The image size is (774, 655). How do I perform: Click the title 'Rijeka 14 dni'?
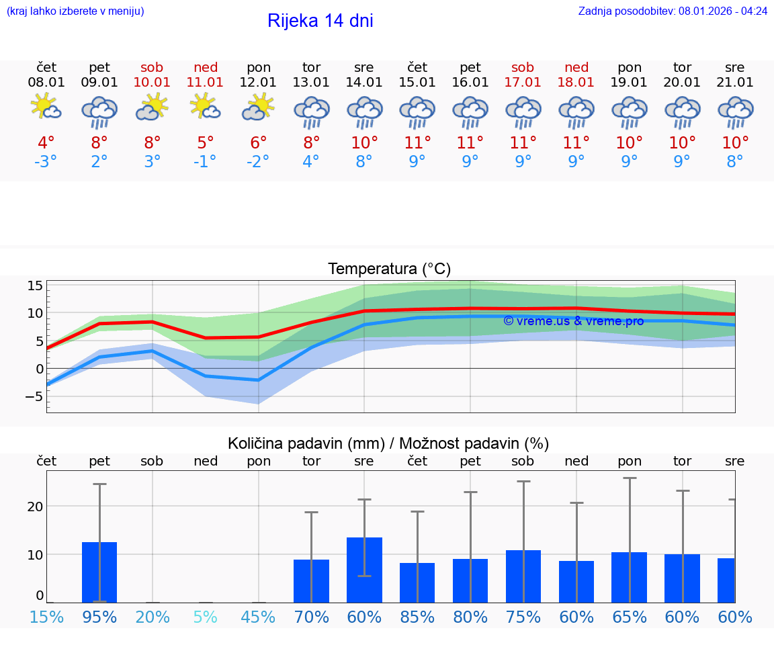click(320, 21)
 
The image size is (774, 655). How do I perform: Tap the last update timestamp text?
click(673, 11)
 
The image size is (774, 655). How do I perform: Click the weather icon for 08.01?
click(46, 107)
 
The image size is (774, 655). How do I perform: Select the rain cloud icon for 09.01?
click(99, 112)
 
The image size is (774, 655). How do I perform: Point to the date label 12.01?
click(259, 83)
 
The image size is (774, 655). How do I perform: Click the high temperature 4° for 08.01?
click(46, 142)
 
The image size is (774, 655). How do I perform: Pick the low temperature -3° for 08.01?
click(46, 162)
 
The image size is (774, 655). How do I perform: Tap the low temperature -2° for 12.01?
click(259, 162)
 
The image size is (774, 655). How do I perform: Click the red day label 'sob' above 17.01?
click(523, 67)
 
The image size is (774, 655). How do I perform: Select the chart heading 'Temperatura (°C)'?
click(389, 269)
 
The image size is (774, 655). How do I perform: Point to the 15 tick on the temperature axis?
click(35, 286)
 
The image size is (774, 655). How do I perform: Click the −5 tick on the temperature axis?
click(34, 396)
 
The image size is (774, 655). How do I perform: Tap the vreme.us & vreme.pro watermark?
click(573, 321)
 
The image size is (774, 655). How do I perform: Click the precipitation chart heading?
click(388, 443)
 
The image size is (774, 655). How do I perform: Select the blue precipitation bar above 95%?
click(99, 572)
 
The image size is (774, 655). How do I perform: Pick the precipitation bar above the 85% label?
click(417, 582)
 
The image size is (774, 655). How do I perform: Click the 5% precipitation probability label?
click(206, 617)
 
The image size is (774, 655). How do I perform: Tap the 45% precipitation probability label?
click(259, 617)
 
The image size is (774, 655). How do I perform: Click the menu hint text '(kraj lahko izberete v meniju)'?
click(75, 11)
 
